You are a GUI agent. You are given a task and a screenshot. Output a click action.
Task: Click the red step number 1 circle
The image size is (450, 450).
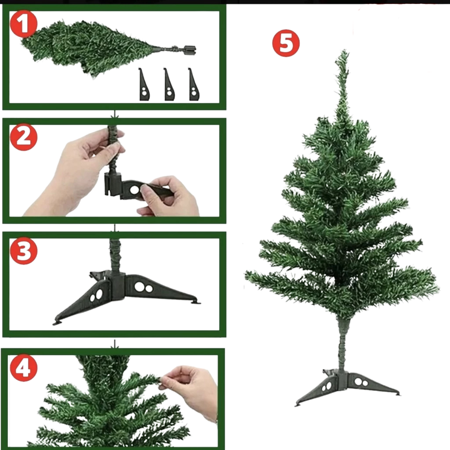click(24, 24)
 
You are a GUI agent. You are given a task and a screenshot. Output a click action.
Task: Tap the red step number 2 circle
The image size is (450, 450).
click(24, 137)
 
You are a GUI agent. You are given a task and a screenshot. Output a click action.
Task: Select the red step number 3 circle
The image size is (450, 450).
click(24, 251)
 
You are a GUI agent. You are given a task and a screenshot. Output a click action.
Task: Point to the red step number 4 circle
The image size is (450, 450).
click(24, 368)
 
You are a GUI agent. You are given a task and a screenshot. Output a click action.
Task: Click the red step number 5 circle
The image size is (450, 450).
click(286, 43)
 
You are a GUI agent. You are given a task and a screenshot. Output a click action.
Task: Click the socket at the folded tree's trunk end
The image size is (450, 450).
click(189, 50)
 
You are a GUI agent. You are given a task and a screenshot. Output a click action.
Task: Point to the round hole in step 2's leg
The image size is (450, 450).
click(134, 190)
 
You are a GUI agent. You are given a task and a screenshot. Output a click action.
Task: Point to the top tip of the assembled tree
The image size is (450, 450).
click(343, 52)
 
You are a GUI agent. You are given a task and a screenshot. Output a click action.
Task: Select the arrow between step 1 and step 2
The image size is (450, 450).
click(115, 114)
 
